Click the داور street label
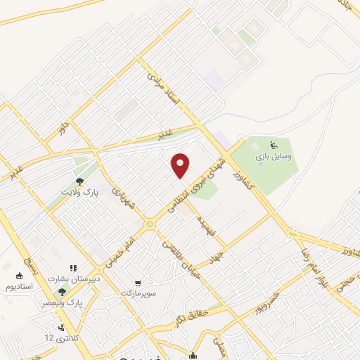point(65,127)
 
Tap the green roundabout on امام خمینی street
point(149,224)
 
